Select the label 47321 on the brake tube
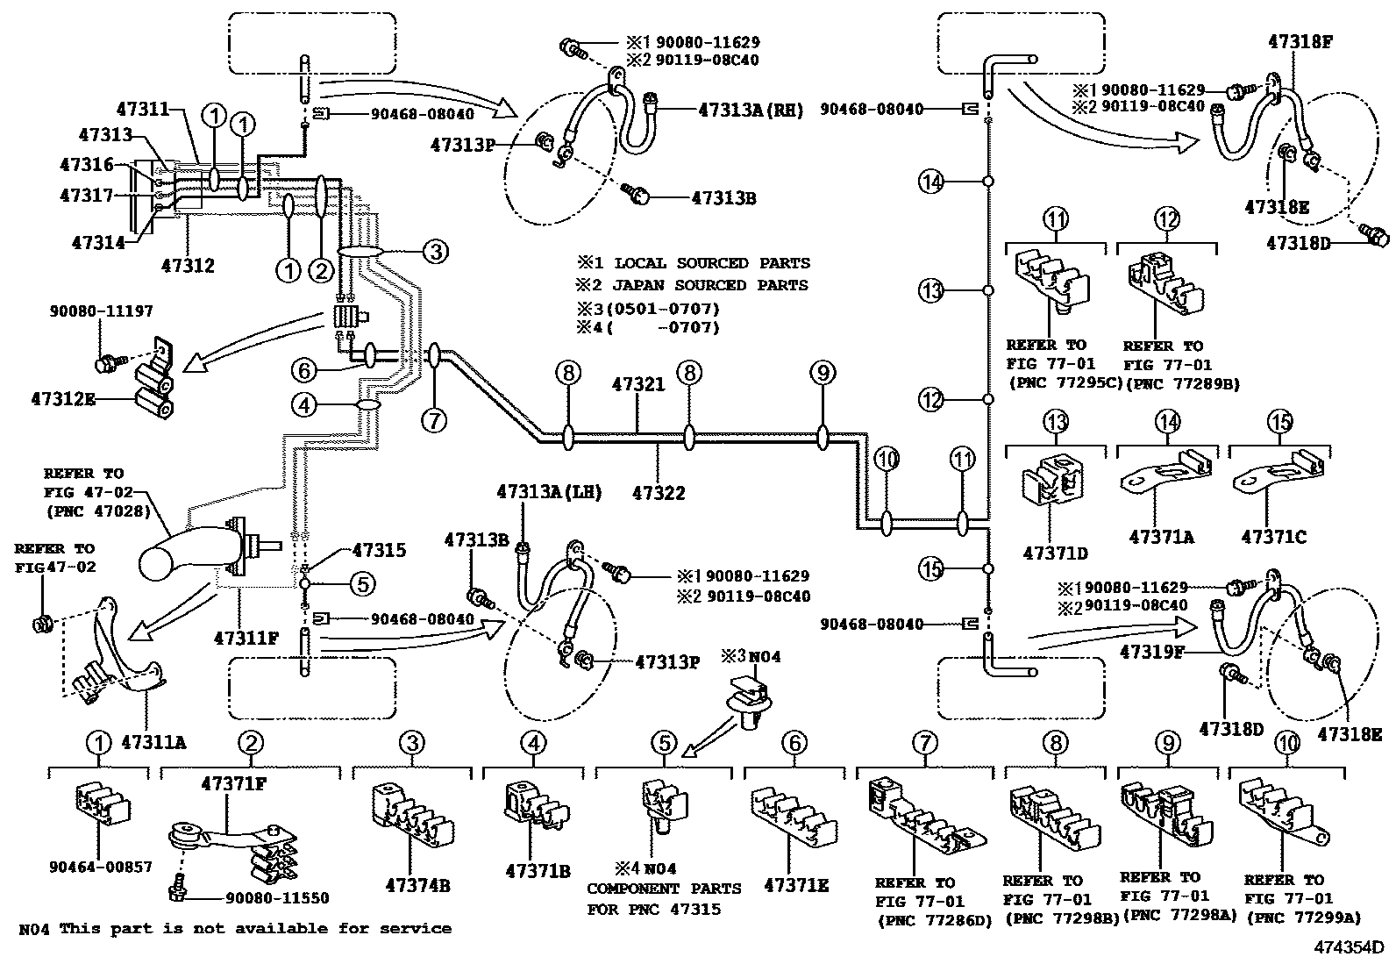638,384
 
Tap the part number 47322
659,493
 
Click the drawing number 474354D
1348,947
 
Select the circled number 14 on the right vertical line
931,182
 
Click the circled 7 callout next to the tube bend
433,420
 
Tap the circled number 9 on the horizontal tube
822,374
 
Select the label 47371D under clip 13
1055,553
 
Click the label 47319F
1152,653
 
